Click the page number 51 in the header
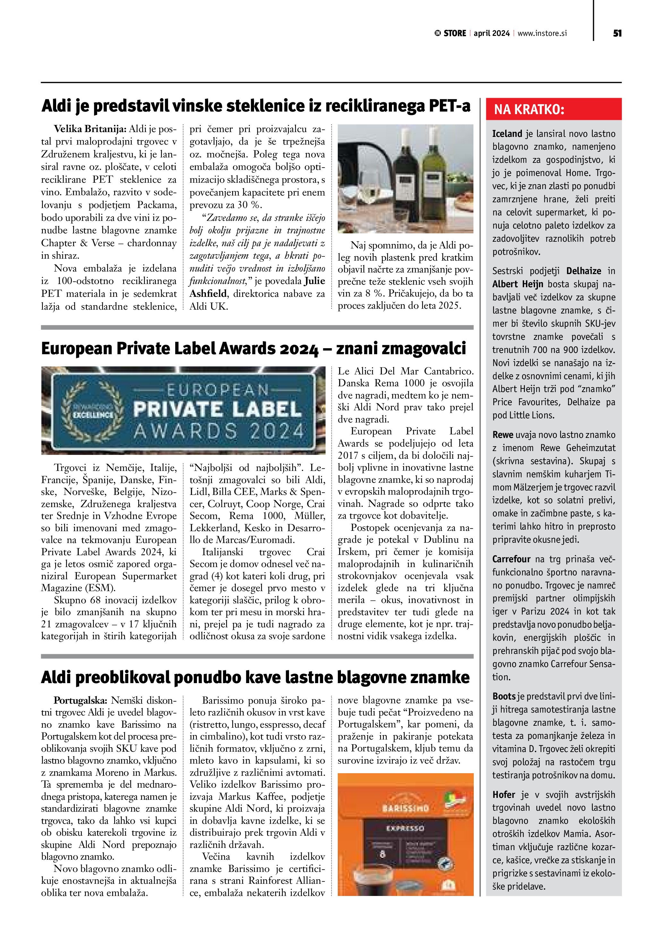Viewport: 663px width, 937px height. pyautogui.click(x=617, y=33)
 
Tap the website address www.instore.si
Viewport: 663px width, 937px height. pyautogui.click(x=542, y=33)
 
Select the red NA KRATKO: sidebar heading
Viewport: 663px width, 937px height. pyautogui.click(x=529, y=109)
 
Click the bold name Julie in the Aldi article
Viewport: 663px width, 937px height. pyautogui.click(x=314, y=281)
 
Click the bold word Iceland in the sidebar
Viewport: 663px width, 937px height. pyautogui.click(x=507, y=134)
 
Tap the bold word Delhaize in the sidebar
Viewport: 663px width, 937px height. pyautogui.click(x=583, y=271)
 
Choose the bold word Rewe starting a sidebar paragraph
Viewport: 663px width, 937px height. pyautogui.click(x=502, y=435)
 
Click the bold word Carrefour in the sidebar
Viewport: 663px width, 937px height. pyautogui.click(x=511, y=559)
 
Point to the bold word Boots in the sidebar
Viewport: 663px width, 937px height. pyautogui.click(x=504, y=697)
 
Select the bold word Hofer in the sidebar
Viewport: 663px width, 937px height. pyautogui.click(x=504, y=795)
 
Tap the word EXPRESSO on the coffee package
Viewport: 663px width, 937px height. pyautogui.click(x=405, y=828)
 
